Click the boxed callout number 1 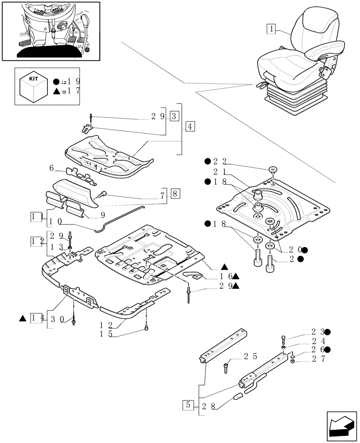pos(271,29)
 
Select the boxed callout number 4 pos(190,126)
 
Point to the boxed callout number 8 pos(175,194)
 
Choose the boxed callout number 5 pos(188,406)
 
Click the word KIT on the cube pos(33,79)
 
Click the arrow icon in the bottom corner pos(341,425)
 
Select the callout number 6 pos(51,168)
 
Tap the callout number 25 pos(250,357)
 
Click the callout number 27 pos(318,359)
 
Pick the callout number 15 pos(106,334)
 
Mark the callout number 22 pos(220,162)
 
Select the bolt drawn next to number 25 pos(226,369)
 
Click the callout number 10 pos(56,221)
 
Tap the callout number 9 pos(103,215)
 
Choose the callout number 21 pos(220,171)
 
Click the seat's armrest pos(325,50)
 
